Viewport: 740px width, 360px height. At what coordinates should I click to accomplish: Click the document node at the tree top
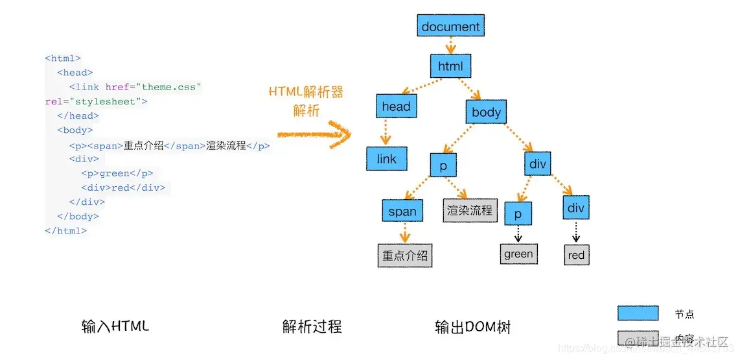click(x=450, y=27)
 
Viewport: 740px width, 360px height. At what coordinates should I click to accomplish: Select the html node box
click(x=450, y=66)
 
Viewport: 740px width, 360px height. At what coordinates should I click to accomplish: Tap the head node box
click(x=396, y=106)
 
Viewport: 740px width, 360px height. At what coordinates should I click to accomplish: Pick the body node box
click(x=486, y=112)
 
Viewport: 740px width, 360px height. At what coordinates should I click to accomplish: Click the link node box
click(x=386, y=159)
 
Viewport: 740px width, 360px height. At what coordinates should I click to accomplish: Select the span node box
click(x=402, y=211)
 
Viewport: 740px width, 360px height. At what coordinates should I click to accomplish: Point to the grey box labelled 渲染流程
click(x=469, y=210)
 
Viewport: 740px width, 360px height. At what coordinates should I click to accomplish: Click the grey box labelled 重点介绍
click(x=405, y=256)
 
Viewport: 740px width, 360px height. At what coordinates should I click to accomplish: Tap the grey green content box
click(x=518, y=254)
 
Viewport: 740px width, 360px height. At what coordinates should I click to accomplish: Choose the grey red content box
click(x=576, y=255)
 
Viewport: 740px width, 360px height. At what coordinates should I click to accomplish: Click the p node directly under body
click(x=443, y=165)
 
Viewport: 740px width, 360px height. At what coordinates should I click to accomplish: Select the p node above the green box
click(x=518, y=213)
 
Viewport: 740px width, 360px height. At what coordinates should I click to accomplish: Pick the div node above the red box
click(x=575, y=208)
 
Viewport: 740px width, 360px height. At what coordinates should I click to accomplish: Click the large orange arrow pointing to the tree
click(x=314, y=135)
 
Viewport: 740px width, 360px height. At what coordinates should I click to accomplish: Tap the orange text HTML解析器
click(x=306, y=92)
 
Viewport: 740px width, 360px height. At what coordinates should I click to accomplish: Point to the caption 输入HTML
click(x=115, y=326)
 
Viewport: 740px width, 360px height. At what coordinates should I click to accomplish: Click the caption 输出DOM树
click(x=472, y=327)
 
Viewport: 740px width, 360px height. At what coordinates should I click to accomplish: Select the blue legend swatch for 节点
click(x=638, y=313)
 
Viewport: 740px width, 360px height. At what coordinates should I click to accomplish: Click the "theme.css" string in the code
click(x=171, y=87)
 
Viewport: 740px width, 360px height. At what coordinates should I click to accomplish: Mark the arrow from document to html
click(x=451, y=46)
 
